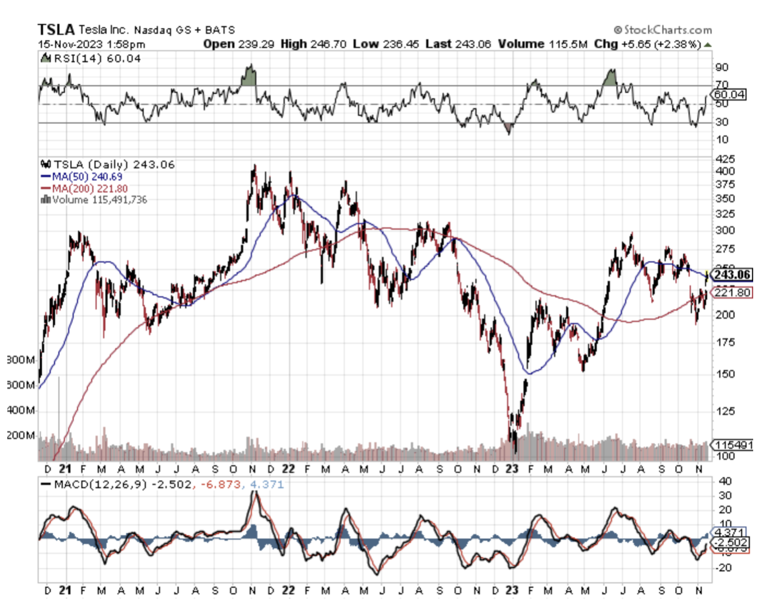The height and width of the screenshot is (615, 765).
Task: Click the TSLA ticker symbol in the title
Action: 56,29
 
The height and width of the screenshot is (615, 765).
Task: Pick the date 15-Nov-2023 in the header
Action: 71,44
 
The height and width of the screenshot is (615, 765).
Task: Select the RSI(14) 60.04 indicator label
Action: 97,58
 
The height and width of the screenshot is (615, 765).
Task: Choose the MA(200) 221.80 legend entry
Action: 89,189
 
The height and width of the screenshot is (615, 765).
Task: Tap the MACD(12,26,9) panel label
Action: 116,484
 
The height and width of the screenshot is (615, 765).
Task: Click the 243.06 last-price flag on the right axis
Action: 732,275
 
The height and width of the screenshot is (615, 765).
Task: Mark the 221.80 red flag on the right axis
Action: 732,292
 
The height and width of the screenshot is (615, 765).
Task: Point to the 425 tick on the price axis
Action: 725,159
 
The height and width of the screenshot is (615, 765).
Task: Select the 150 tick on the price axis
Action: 725,374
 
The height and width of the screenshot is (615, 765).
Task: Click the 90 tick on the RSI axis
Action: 721,67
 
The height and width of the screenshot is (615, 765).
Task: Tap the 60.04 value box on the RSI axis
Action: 729,94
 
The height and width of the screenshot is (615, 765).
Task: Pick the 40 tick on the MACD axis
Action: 725,481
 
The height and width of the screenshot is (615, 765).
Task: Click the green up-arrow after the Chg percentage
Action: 708,45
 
